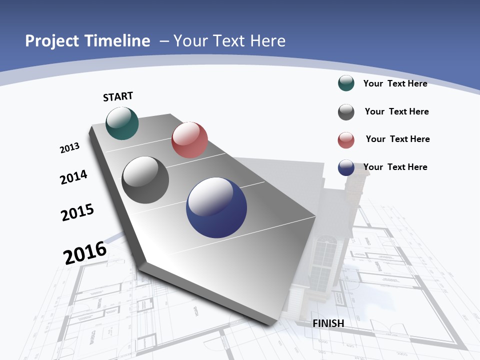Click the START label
(118, 96)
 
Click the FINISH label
(328, 323)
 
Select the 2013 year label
(69, 148)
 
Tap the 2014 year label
(73, 177)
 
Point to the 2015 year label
(77, 212)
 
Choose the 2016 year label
(85, 252)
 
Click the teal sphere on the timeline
(122, 123)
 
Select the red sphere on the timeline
(189, 140)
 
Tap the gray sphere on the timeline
(145, 180)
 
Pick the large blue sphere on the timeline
(216, 207)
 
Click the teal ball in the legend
(346, 83)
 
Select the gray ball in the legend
(346, 112)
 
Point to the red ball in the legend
(346, 140)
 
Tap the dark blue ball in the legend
(346, 167)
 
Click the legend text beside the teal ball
(395, 83)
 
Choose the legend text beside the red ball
(397, 139)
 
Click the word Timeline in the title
(117, 41)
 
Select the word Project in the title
(52, 41)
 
